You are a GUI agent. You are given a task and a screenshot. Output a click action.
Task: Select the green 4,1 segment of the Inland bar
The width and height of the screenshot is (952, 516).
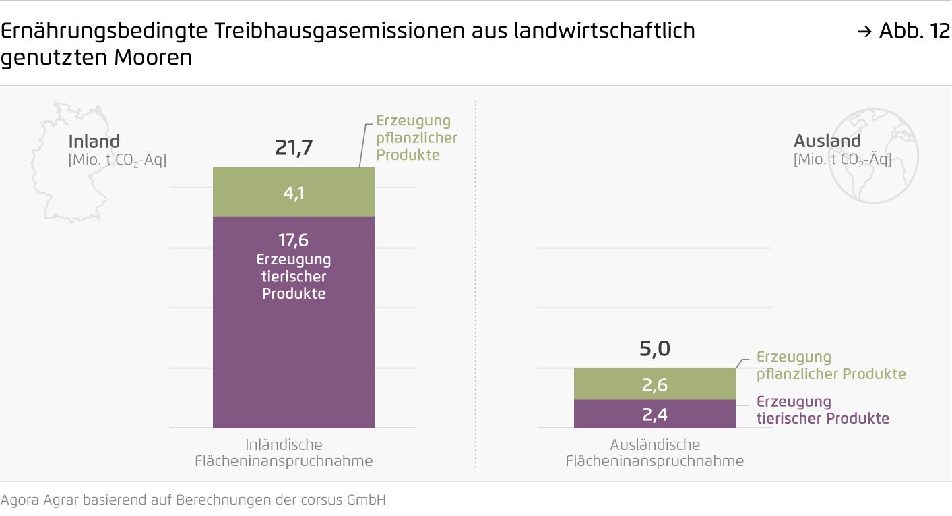[294, 192]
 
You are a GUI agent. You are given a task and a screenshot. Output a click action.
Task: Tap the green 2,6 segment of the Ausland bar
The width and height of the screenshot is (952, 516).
[654, 384]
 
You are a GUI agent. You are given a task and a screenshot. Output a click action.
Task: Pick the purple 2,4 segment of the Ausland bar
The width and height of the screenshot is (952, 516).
[654, 413]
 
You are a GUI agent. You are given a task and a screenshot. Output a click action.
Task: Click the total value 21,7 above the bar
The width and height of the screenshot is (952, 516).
[294, 148]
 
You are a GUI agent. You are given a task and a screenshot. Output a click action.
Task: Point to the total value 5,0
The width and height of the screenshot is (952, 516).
[654, 349]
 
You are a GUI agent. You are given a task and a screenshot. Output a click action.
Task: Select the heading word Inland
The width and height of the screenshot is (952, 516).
[94, 142]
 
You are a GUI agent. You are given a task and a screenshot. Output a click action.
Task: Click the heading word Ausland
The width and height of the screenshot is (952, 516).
[827, 141]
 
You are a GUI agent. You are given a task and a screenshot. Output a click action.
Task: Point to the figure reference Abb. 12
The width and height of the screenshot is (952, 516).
[914, 31]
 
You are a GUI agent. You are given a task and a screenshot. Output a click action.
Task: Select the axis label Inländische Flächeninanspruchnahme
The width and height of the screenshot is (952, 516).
[284, 453]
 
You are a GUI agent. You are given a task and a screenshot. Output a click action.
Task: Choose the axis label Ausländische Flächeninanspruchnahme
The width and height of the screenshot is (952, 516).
[654, 453]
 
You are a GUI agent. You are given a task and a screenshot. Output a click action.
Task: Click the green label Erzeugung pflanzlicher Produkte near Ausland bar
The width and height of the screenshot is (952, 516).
[830, 366]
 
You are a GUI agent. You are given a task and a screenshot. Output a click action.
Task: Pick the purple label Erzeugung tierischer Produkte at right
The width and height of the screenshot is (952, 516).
[822, 410]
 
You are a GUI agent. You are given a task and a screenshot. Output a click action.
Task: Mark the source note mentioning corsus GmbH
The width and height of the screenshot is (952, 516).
[193, 500]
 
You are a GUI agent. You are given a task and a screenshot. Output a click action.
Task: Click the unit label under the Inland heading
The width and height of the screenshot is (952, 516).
[117, 161]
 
